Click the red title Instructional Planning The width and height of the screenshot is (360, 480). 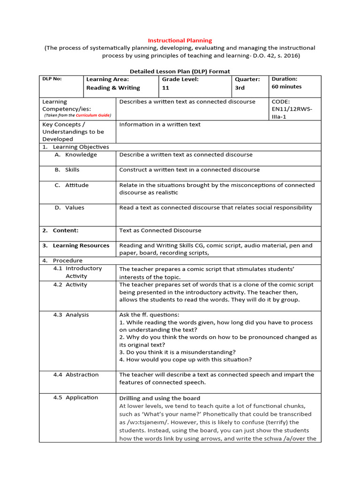click(x=180, y=41)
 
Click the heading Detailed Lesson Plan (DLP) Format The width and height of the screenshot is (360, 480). click(x=180, y=71)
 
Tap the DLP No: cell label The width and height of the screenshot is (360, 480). click(x=52, y=79)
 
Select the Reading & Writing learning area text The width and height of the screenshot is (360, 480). click(x=113, y=88)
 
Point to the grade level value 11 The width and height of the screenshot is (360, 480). click(x=165, y=88)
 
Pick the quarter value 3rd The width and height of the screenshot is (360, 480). click(x=240, y=88)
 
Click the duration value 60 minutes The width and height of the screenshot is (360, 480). click(x=286, y=87)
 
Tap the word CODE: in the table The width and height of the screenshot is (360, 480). click(x=281, y=102)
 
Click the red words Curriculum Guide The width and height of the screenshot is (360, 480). click(x=94, y=115)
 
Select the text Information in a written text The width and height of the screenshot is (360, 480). click(x=160, y=124)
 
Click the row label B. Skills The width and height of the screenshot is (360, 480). click(x=67, y=170)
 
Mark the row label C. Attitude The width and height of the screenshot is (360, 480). click(x=71, y=185)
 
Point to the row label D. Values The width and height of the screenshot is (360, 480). click(x=69, y=208)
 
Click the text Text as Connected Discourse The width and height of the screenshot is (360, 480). click(x=160, y=230)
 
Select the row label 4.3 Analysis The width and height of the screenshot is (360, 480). click(x=71, y=315)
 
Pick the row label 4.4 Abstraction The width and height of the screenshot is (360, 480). click(x=76, y=375)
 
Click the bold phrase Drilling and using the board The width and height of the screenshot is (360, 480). click(x=160, y=398)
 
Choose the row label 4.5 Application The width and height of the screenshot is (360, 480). click(x=75, y=397)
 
